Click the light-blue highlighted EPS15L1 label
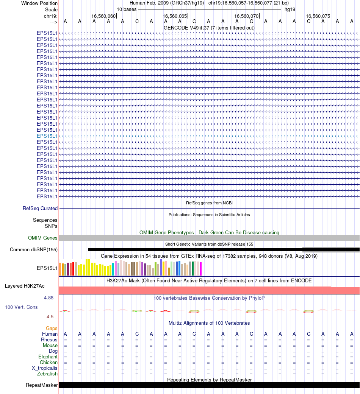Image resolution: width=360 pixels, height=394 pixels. (x=47, y=136)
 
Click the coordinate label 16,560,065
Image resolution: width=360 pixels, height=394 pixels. (x=175, y=16)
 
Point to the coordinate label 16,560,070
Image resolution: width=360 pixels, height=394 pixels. (x=246, y=16)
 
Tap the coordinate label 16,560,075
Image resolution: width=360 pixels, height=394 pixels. (x=318, y=16)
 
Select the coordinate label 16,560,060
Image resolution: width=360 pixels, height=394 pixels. (x=103, y=16)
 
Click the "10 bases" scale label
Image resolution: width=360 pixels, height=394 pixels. (x=127, y=9)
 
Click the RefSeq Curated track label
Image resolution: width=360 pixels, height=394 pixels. (x=40, y=208)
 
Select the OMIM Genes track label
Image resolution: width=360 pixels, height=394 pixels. (x=43, y=238)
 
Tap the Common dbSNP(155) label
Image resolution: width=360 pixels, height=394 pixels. (x=34, y=249)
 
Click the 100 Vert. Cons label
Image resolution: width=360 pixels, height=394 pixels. (x=21, y=307)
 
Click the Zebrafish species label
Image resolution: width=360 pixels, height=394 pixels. (x=47, y=374)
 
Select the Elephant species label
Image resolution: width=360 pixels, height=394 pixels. (x=48, y=357)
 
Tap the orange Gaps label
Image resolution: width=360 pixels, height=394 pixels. (x=52, y=328)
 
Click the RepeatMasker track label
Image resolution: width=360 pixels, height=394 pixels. (x=42, y=385)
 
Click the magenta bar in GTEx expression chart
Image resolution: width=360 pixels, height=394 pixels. (x=201, y=269)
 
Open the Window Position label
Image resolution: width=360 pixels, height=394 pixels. (x=39, y=3)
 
